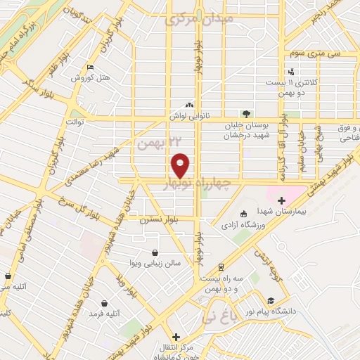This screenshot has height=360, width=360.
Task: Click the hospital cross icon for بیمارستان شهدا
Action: pos(281,201)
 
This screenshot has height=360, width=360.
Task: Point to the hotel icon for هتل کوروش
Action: pos(89,67)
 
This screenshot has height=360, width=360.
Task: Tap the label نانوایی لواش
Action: pos(188,115)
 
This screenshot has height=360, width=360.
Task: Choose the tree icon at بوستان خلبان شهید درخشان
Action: pos(245,113)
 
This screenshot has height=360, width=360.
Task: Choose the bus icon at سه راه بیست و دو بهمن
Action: pos(221,267)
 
